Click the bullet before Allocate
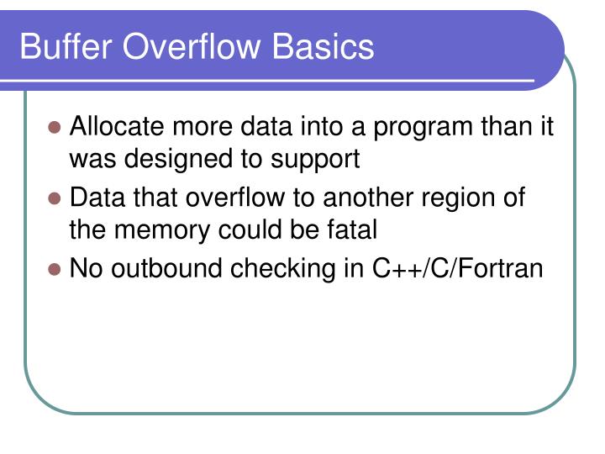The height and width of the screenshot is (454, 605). tap(55, 129)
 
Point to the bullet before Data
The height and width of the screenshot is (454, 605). tap(55, 199)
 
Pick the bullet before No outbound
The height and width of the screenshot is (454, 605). tap(55, 270)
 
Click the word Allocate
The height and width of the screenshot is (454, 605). tap(118, 128)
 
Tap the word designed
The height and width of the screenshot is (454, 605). tap(176, 158)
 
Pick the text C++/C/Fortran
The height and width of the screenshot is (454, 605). tap(458, 269)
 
